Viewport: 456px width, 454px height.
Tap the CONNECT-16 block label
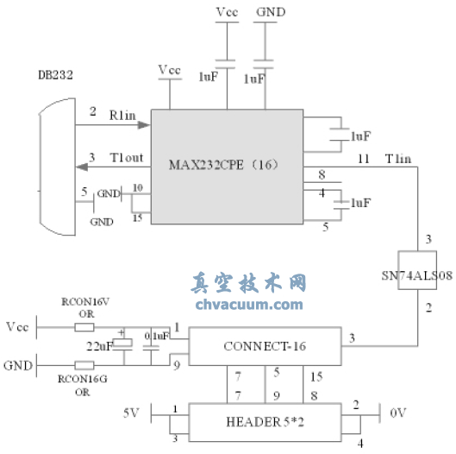pyautogui.click(x=265, y=345)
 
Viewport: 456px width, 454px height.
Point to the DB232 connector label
pyautogui.click(x=55, y=76)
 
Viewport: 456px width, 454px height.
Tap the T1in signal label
pyautogui.click(x=399, y=158)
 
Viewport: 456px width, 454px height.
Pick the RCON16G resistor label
pyautogui.click(x=80, y=379)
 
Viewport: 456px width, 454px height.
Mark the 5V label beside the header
pyautogui.click(x=130, y=413)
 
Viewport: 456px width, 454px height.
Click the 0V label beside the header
pyautogui.click(x=397, y=413)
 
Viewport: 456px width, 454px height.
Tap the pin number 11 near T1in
pyautogui.click(x=363, y=158)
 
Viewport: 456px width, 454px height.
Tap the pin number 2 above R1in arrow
pyautogui.click(x=92, y=111)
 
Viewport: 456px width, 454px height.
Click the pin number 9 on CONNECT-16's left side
pyautogui.click(x=177, y=366)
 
